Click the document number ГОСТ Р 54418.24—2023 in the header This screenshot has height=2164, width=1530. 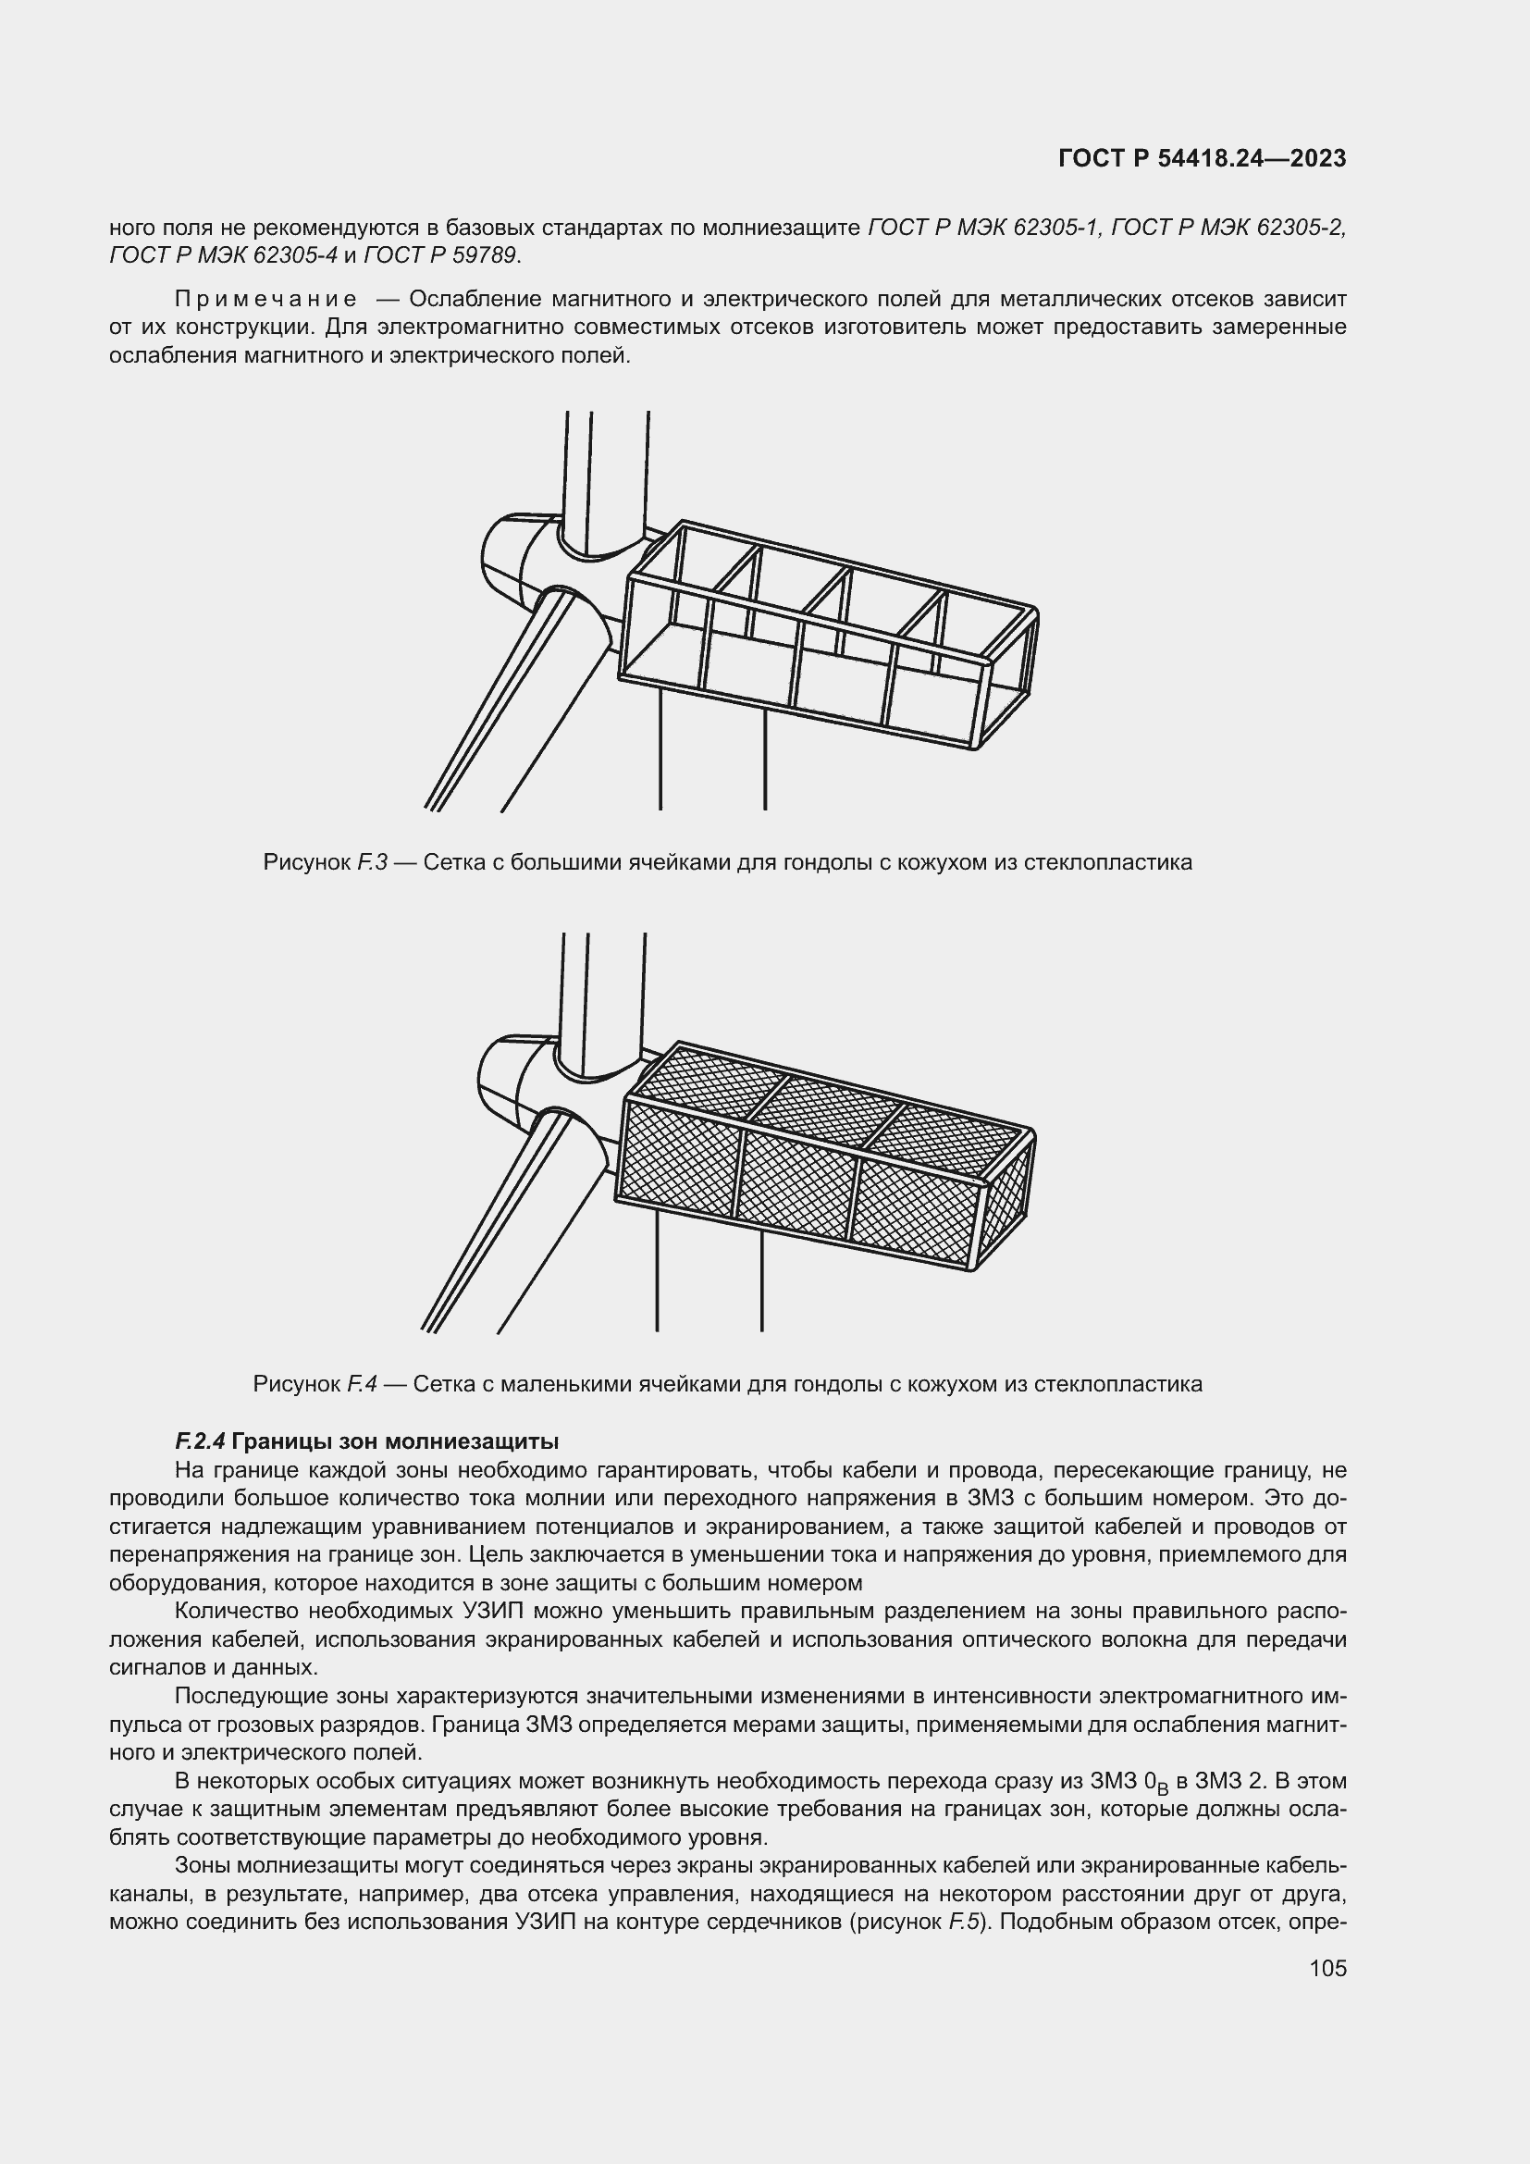point(1203,159)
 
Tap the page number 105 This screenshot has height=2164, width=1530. point(1327,1968)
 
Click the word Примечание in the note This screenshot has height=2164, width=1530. point(265,300)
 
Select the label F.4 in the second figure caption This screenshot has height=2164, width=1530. point(362,1385)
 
